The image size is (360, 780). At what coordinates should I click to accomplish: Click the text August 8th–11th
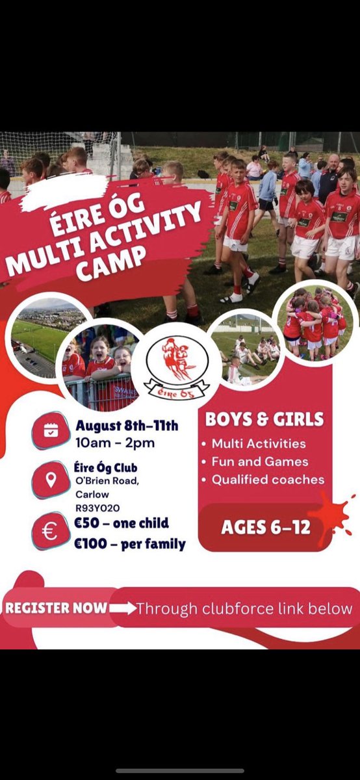click(126, 426)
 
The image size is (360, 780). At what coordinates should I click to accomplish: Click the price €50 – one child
click(122, 523)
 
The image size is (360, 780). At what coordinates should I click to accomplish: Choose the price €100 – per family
click(130, 543)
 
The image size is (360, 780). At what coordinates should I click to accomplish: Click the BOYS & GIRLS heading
click(264, 419)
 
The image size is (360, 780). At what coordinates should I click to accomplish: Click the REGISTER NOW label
click(56, 608)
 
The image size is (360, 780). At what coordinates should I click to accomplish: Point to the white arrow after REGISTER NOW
click(123, 608)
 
